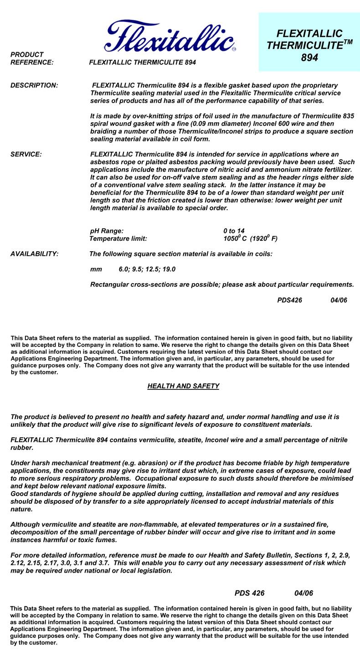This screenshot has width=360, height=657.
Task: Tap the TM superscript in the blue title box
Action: (348, 42)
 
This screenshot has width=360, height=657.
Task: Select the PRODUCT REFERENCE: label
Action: (32, 58)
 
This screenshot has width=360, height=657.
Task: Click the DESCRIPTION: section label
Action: (34, 85)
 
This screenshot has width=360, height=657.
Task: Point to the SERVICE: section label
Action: (26, 155)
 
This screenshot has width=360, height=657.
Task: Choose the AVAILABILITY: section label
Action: (34, 254)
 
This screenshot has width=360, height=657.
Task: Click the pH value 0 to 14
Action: (234, 231)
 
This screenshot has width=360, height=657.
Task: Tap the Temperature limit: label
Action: (118, 238)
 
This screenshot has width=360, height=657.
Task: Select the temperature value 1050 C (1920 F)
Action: (250, 238)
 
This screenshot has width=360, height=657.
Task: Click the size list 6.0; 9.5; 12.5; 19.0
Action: (147, 269)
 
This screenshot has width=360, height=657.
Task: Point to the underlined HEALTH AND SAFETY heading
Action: (183, 386)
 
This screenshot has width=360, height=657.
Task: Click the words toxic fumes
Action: (100, 540)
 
